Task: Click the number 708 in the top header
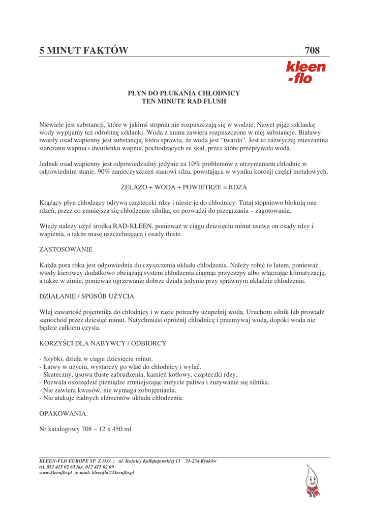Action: tap(312, 50)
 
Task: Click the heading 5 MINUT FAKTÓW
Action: tap(84, 50)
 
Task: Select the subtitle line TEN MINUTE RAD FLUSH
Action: tap(183, 102)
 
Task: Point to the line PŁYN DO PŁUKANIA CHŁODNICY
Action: tap(183, 93)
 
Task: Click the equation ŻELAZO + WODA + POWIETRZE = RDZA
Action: tap(183, 187)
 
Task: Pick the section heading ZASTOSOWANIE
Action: tap(66, 250)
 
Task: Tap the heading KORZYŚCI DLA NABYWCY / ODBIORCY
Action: tap(103, 343)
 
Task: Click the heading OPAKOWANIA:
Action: tap(64, 413)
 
